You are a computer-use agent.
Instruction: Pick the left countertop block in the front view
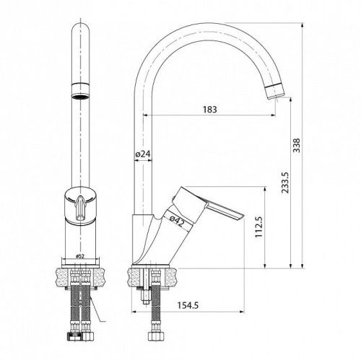coord(60,274)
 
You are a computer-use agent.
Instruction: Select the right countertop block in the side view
coord(178,274)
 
